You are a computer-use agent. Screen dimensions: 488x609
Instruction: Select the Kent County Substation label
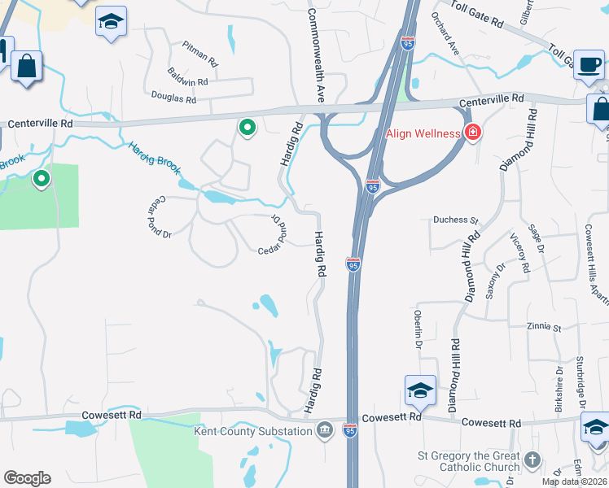click(x=252, y=430)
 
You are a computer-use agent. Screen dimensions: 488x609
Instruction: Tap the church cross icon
click(x=532, y=461)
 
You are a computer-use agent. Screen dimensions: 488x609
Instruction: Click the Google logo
click(x=27, y=477)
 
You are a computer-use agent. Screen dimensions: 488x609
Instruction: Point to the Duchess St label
click(x=456, y=220)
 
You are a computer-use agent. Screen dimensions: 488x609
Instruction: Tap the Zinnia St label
click(x=545, y=328)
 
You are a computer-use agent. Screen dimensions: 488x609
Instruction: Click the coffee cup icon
click(x=589, y=65)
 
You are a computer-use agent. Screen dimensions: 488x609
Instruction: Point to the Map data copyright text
click(x=575, y=481)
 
